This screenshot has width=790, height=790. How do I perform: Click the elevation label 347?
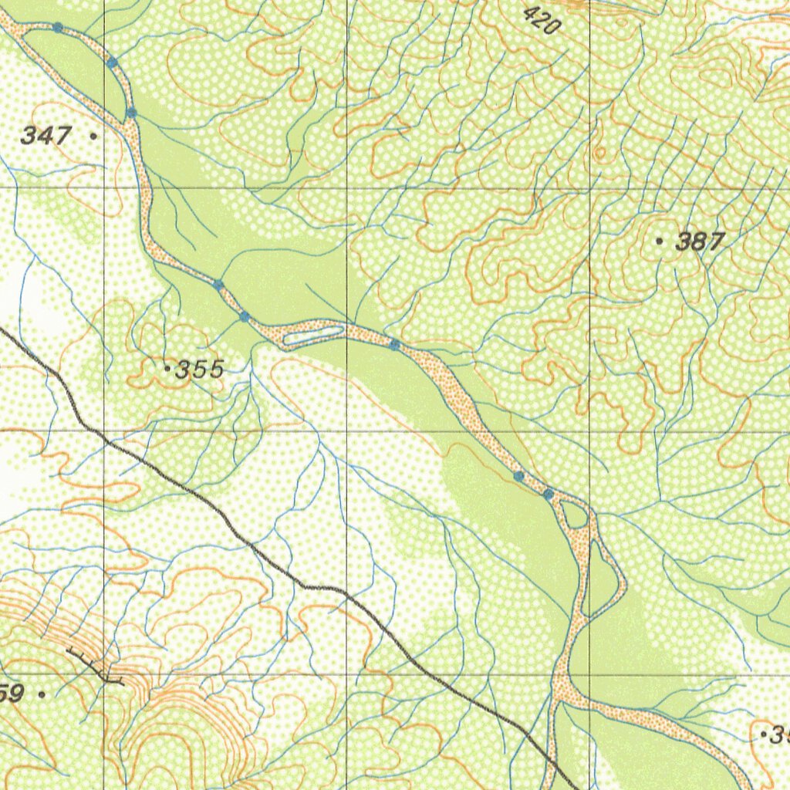(x=46, y=137)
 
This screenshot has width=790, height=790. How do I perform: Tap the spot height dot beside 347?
(x=93, y=136)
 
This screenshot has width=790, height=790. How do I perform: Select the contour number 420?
(x=542, y=20)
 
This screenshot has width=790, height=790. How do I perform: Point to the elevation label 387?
(x=699, y=242)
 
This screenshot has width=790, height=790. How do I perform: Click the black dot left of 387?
(x=659, y=241)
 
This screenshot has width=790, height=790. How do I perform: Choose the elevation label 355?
(x=199, y=370)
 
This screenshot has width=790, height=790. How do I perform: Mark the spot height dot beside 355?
(x=167, y=370)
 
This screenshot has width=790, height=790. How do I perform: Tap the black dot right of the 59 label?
(x=42, y=694)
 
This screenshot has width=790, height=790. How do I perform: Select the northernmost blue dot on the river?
(x=58, y=28)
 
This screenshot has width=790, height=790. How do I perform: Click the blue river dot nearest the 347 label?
(x=131, y=113)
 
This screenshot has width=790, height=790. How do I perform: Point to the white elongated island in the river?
(x=312, y=334)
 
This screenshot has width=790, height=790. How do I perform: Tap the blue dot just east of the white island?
(x=394, y=345)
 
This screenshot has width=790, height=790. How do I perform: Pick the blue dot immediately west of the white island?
(x=245, y=317)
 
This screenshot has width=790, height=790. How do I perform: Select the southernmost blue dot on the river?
(x=548, y=494)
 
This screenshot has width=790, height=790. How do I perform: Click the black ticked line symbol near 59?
(x=96, y=667)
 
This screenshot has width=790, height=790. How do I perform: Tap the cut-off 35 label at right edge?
(x=777, y=736)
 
